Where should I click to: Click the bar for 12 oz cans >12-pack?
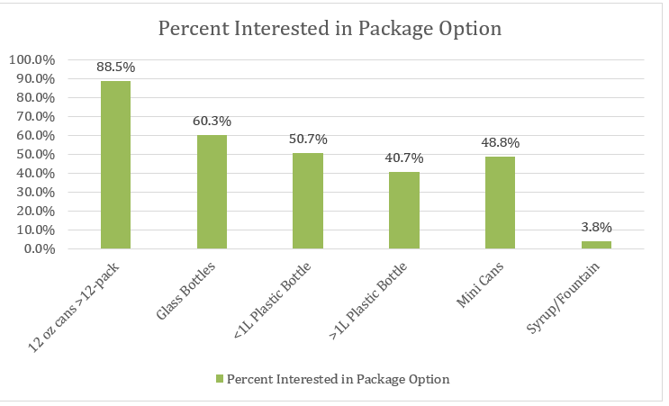click(x=115, y=165)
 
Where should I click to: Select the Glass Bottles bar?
click(x=212, y=192)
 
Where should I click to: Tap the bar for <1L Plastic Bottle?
click(x=308, y=201)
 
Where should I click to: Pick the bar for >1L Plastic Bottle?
click(x=404, y=210)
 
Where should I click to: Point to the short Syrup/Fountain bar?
click(x=596, y=245)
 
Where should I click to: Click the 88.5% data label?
click(x=115, y=66)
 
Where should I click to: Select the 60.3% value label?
click(x=212, y=120)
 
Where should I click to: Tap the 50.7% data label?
click(x=308, y=139)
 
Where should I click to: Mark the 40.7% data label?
click(x=404, y=158)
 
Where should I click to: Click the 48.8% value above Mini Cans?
click(x=500, y=142)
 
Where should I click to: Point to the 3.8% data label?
click(x=596, y=227)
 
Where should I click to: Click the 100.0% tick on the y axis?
click(x=33, y=59)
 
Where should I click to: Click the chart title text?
click(x=330, y=28)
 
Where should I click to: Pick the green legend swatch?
click(x=218, y=380)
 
